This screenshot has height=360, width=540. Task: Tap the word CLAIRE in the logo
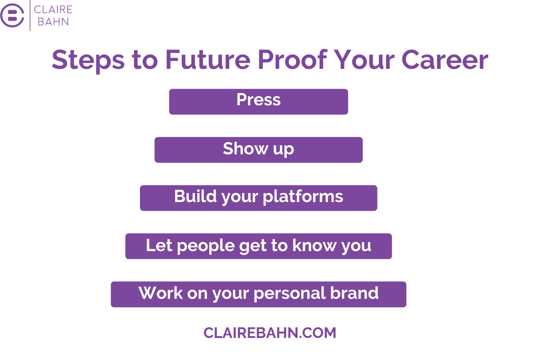point(53,9)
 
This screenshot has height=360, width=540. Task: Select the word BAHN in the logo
point(53,22)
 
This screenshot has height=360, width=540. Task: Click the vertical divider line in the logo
point(30,15)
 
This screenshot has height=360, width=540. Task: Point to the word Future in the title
point(208,59)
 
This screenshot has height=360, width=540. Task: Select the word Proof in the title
point(292,59)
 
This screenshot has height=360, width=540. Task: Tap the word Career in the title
point(445,60)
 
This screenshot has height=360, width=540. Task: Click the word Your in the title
point(364,60)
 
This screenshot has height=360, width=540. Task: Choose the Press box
point(258,102)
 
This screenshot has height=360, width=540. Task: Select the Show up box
point(258,150)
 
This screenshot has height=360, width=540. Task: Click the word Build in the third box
point(195,196)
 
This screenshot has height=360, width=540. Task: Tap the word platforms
point(303,197)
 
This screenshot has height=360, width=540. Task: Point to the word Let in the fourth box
point(159,245)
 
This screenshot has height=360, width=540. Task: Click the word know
point(315,245)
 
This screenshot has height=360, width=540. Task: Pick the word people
point(206,246)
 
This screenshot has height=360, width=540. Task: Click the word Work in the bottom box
point(161,293)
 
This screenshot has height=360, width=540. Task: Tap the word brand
point(354,293)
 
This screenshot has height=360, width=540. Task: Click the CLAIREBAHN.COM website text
point(270,333)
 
